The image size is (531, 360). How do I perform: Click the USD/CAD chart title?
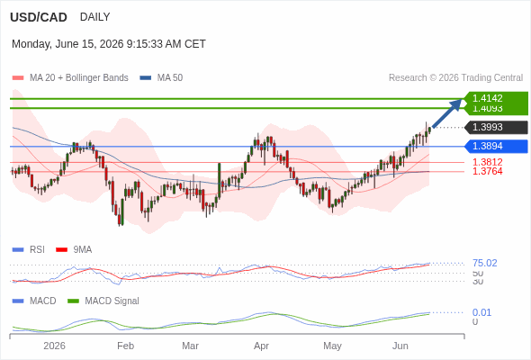(x=39, y=17)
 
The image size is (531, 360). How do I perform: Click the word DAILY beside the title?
(x=94, y=16)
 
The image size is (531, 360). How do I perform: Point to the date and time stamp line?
(x=109, y=44)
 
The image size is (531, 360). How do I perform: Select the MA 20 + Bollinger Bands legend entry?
(x=70, y=77)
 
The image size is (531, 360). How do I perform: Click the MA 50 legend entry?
(x=161, y=77)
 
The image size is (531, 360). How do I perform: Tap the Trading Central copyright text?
(x=455, y=77)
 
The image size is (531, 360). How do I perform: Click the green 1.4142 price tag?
(x=496, y=98)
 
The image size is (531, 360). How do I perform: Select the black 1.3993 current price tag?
(x=496, y=127)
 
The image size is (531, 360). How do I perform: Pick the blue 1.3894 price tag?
(x=496, y=147)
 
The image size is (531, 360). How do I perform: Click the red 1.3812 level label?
(x=487, y=162)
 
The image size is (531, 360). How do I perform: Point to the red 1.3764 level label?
(x=487, y=171)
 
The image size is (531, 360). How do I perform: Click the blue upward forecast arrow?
(x=447, y=112)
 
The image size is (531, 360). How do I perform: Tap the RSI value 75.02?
(x=484, y=263)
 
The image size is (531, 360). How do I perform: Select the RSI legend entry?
(x=29, y=249)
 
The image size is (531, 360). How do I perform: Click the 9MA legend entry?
(x=74, y=249)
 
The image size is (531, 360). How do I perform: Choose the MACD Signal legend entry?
(x=103, y=301)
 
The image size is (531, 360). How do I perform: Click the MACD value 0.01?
(x=481, y=312)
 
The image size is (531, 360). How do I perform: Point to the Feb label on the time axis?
(x=126, y=346)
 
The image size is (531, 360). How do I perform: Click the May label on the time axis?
(x=333, y=346)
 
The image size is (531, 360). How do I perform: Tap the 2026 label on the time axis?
(x=55, y=346)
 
